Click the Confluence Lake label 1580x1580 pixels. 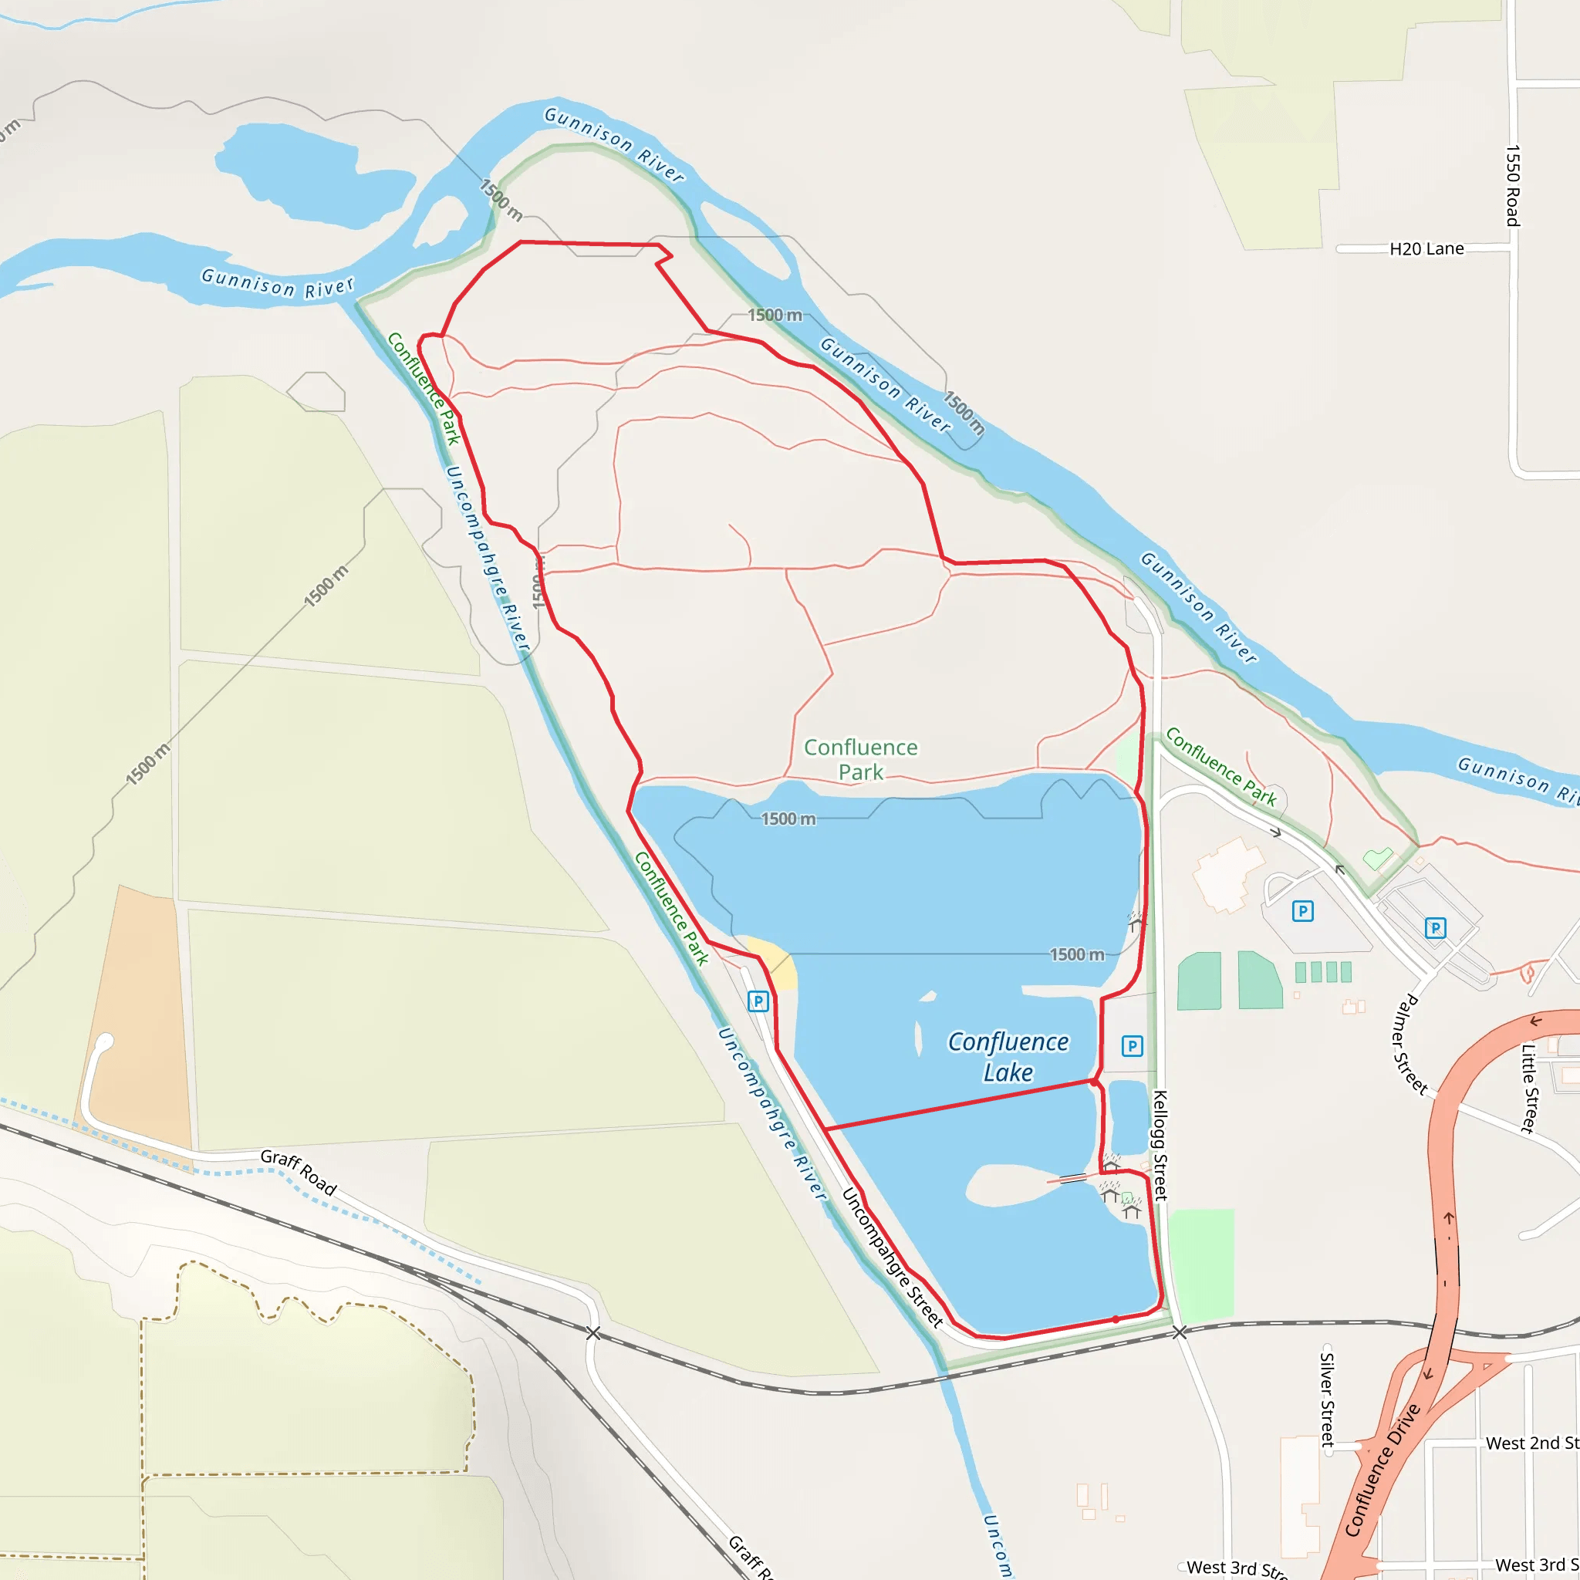[1008, 1057]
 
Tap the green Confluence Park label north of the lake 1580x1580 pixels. [860, 759]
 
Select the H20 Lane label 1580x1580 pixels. [1426, 248]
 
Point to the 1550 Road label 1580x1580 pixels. [1513, 186]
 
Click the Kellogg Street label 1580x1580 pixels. [1160, 1145]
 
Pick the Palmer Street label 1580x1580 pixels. [1412, 1045]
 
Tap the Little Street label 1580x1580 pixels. [1528, 1089]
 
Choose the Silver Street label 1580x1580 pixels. [1327, 1400]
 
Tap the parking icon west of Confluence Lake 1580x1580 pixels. [758, 1001]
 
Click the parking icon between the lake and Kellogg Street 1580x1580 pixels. [1132, 1045]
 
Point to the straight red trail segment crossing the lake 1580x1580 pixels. [957, 1105]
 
